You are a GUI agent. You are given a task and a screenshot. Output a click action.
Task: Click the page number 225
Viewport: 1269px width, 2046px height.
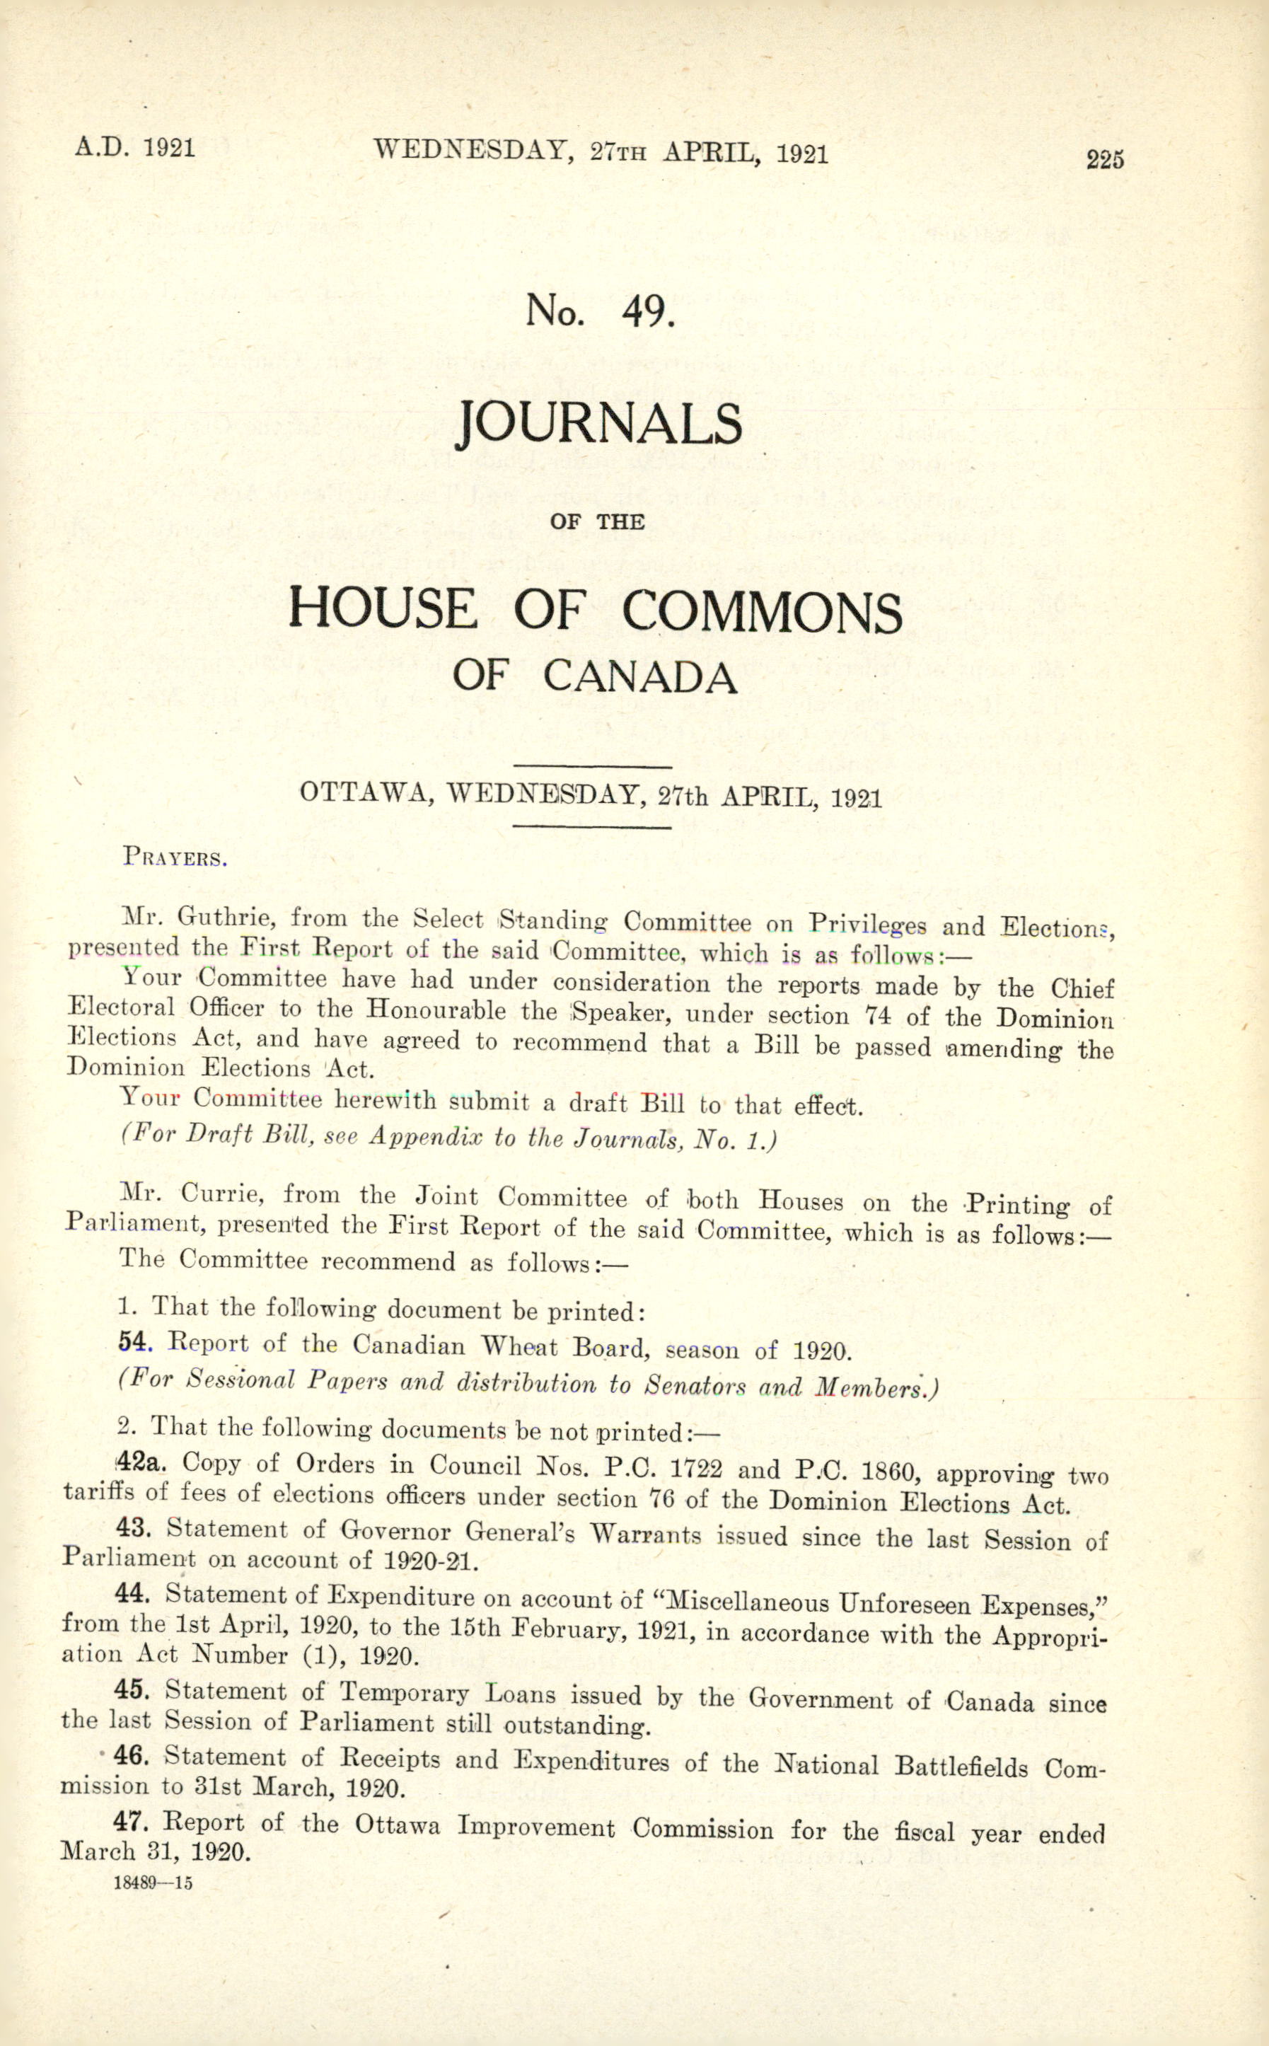coord(1104,159)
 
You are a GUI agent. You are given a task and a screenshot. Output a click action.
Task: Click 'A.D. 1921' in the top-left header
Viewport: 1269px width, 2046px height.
coord(135,148)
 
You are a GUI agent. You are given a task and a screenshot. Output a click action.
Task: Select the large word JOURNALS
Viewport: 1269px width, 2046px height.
coord(599,424)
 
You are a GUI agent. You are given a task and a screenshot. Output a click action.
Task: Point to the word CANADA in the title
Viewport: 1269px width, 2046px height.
coord(640,676)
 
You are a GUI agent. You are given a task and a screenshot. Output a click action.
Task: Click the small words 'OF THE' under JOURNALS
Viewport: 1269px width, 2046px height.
coord(597,521)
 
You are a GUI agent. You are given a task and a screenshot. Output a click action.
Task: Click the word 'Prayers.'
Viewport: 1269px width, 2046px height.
coord(175,857)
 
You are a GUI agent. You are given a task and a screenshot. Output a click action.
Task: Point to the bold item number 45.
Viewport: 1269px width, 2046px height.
coord(131,1690)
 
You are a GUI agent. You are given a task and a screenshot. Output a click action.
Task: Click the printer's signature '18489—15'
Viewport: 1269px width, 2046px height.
coord(153,1883)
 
